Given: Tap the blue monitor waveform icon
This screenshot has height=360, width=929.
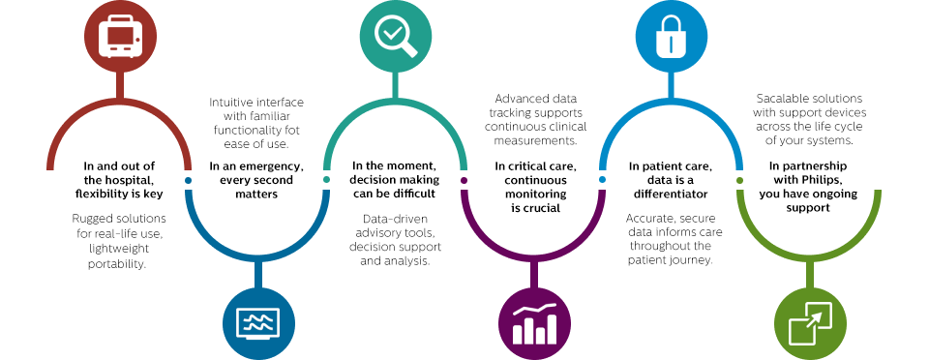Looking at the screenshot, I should click(x=257, y=321).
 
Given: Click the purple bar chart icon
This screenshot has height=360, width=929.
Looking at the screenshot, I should click(x=532, y=321).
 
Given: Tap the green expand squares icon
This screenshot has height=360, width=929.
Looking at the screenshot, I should click(x=808, y=321).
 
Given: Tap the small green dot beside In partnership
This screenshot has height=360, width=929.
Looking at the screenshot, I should click(x=740, y=180).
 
